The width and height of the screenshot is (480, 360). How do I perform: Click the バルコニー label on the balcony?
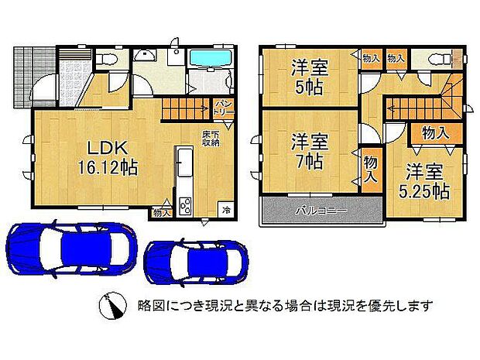(x=320, y=211)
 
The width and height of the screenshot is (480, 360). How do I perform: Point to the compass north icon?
(x=111, y=307)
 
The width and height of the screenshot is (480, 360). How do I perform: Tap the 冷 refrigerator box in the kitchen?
(x=226, y=209)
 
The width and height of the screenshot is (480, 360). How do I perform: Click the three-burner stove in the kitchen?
(x=186, y=205)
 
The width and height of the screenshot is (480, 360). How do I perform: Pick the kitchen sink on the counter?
(x=186, y=165)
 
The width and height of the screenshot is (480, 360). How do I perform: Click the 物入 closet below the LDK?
(x=162, y=211)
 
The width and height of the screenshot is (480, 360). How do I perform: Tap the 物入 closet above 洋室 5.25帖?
(x=435, y=133)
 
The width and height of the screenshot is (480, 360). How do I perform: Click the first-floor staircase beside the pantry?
(x=186, y=110)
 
